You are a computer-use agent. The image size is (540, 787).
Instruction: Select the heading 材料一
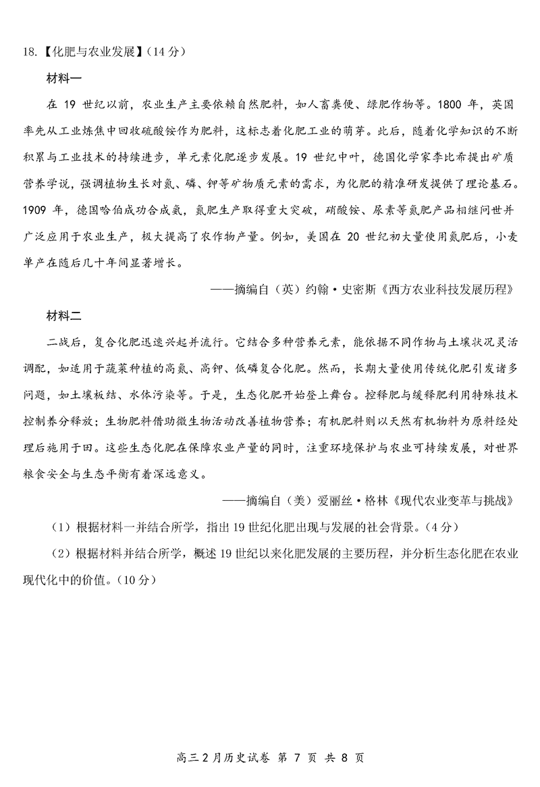(x=63, y=78)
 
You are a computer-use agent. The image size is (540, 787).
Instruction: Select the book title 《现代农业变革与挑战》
(x=460, y=500)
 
